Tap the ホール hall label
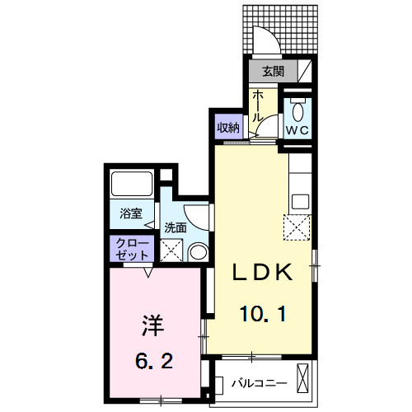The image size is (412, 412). click(x=257, y=106)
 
